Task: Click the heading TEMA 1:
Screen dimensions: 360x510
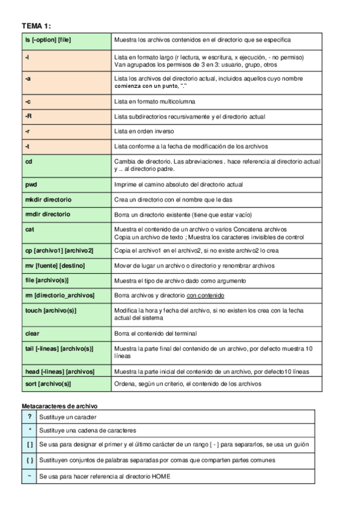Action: click(x=36, y=26)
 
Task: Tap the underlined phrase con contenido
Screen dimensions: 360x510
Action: click(x=206, y=296)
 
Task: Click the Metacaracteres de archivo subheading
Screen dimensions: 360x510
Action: click(x=59, y=406)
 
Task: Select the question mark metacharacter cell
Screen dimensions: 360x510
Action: click(x=29, y=416)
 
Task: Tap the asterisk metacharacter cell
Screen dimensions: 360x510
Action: click(x=29, y=430)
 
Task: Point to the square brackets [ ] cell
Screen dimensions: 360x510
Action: click(x=29, y=444)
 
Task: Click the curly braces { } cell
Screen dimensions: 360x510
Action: click(x=29, y=460)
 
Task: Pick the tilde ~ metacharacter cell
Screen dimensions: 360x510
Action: click(x=29, y=476)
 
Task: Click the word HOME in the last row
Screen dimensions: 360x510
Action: click(x=159, y=476)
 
